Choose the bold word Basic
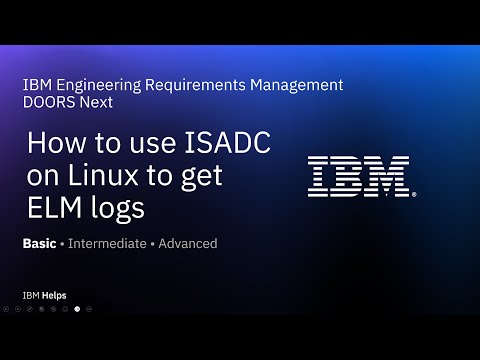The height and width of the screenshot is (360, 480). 39,243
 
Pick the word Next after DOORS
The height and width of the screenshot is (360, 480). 97,102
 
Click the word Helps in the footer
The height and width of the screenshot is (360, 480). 54,295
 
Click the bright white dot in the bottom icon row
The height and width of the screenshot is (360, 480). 77,309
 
